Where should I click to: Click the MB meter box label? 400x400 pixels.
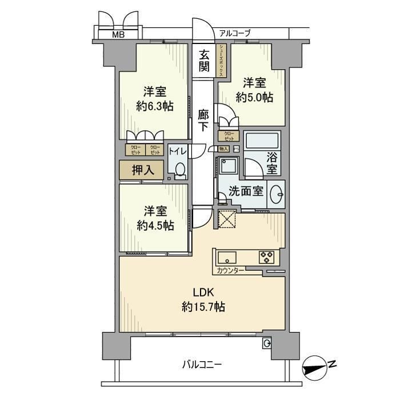pyautogui.click(x=117, y=35)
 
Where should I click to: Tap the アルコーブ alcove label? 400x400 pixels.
pyautogui.click(x=234, y=34)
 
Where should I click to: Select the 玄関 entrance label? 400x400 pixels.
pyautogui.click(x=204, y=61)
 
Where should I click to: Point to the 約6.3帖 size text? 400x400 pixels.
pyautogui.click(x=154, y=106)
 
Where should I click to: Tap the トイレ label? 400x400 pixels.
pyautogui.click(x=175, y=151)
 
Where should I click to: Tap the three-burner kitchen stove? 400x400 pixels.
pyautogui.click(x=266, y=257)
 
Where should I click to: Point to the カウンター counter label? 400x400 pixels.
pyautogui.click(x=231, y=270)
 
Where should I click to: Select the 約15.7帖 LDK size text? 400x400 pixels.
pyautogui.click(x=203, y=307)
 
